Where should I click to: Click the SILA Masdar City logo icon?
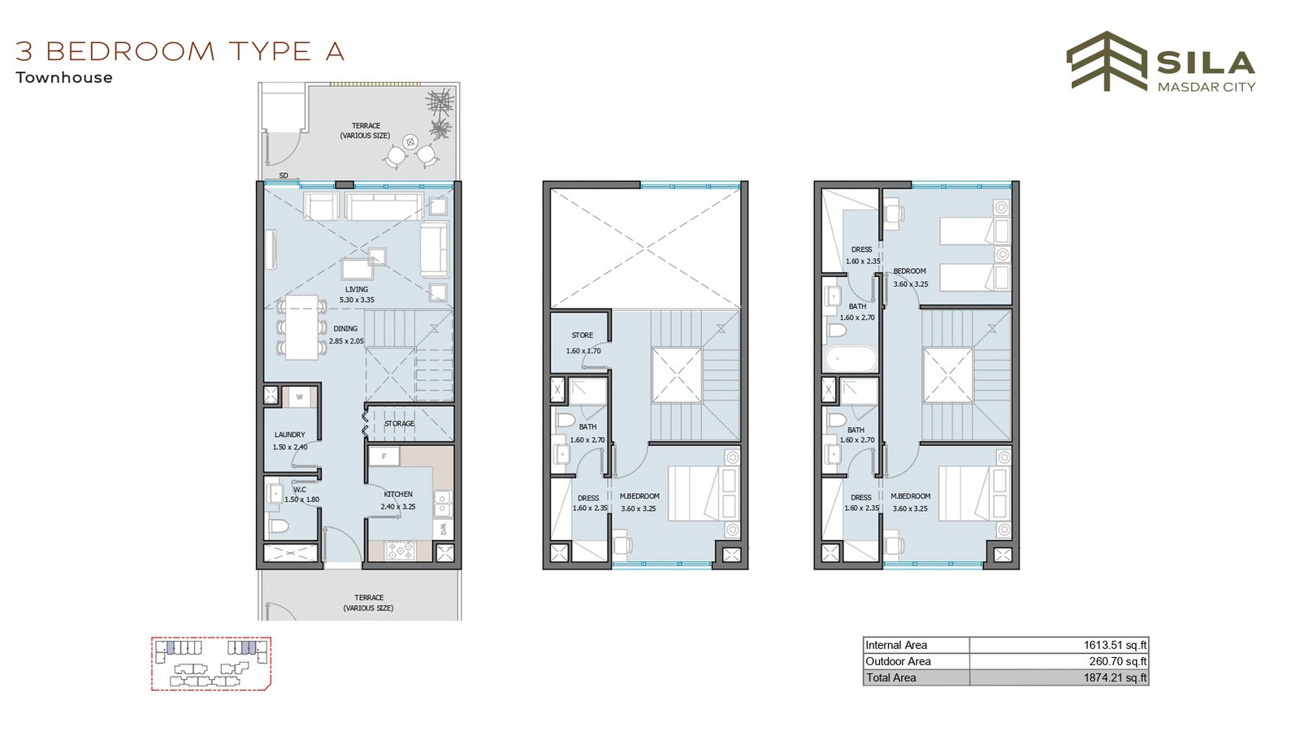[x=1106, y=62]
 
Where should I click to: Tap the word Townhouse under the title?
[x=64, y=78]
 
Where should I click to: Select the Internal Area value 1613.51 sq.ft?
[x=1115, y=645]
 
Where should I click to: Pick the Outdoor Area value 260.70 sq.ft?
[x=1118, y=661]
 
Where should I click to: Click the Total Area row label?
[x=890, y=677]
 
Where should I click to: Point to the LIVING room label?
[x=357, y=289]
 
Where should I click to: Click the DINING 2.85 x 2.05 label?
[x=346, y=335]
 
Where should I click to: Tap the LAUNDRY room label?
[x=289, y=435]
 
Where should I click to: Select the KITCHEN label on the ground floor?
[x=398, y=495]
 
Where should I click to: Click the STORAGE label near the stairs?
[x=399, y=423]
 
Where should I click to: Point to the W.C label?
[x=300, y=490]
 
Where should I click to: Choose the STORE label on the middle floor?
[x=582, y=335]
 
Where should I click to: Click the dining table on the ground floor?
[x=301, y=327]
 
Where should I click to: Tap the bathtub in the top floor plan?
[x=851, y=358]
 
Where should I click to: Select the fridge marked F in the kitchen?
[x=383, y=456]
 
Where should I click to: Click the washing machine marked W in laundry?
[x=300, y=397]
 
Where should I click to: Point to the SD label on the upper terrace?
[x=284, y=175]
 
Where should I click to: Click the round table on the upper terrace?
[x=410, y=141]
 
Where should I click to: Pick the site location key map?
[x=211, y=664]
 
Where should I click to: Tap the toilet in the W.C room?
[x=279, y=527]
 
